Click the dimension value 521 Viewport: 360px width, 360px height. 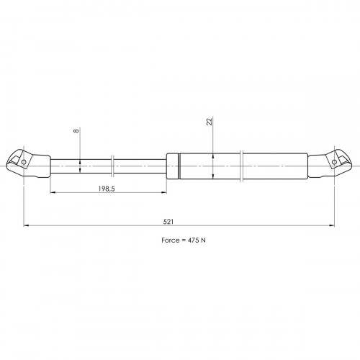[168, 222]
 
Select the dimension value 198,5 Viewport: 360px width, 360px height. [107, 189]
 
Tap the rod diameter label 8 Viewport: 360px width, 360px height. [76, 131]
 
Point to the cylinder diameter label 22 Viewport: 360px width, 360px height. [210, 122]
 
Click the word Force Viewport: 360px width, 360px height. [170, 240]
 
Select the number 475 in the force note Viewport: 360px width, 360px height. [193, 240]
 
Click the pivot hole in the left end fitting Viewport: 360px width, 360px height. [24, 162]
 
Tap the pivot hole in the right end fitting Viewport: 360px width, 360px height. [334, 162]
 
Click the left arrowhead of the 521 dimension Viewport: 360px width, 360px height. [27, 225]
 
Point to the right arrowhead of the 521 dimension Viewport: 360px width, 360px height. [332, 225]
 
